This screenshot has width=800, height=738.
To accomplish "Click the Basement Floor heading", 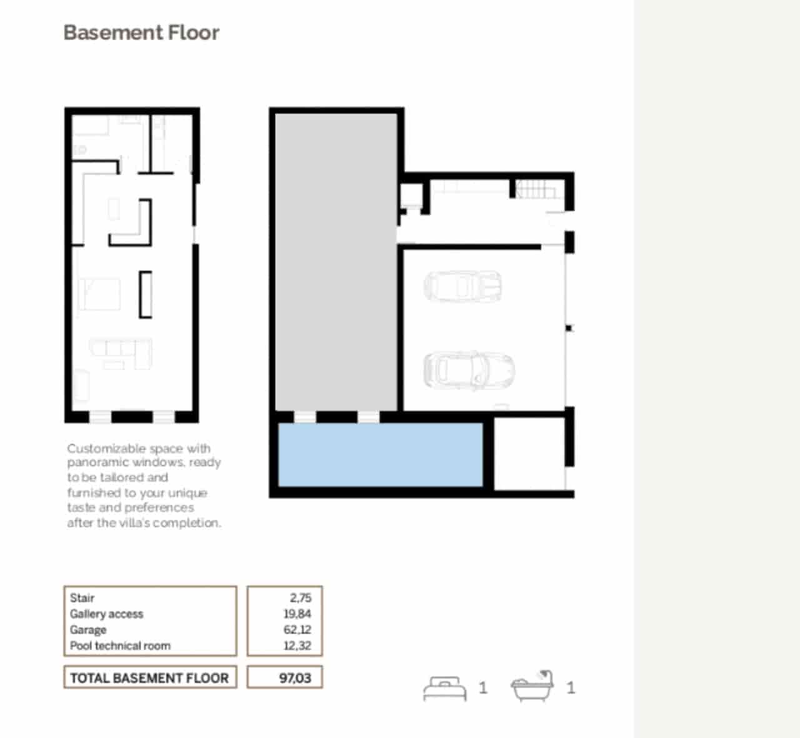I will coord(141,32).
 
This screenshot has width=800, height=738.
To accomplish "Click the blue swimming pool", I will coord(380,454).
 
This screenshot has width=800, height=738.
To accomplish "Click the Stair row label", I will coord(82,598).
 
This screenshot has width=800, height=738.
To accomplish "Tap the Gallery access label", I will coord(106,614).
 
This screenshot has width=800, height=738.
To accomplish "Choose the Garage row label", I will coord(88,630).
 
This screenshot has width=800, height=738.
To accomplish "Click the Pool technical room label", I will coord(120,646).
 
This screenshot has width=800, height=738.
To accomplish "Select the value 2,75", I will coord(300,598).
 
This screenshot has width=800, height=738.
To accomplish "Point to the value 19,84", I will coord(297,614).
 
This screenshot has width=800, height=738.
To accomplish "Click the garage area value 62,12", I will coord(297,630).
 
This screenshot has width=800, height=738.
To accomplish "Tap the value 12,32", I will coord(297,646).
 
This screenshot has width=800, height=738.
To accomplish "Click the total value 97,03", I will coord(295,678).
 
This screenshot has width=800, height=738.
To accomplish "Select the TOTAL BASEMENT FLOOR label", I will coord(149,678).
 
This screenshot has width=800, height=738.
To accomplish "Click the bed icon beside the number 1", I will coord(444,689).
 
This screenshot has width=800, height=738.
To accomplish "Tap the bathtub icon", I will coord(532,687).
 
